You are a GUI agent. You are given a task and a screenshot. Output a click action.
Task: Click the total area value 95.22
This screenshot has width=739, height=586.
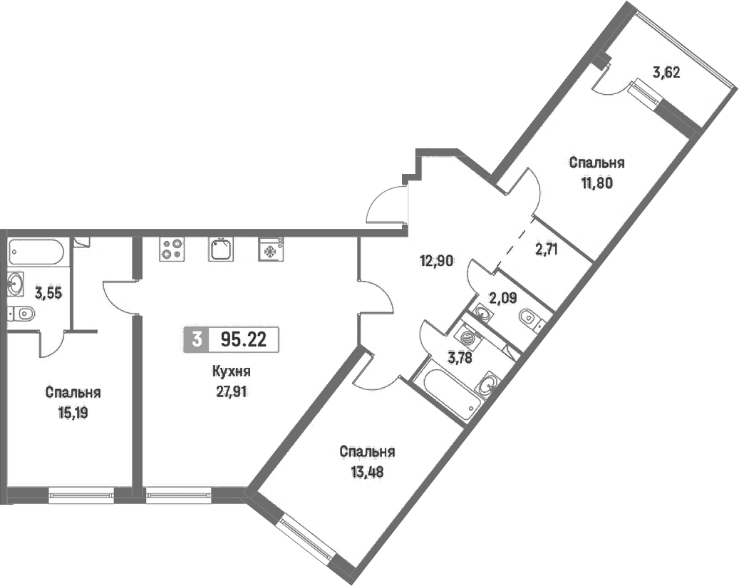(x=244, y=339)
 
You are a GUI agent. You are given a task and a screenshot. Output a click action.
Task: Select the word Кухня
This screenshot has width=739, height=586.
(x=231, y=371)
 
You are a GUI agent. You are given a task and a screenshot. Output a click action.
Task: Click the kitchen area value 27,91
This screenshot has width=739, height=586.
(x=232, y=392)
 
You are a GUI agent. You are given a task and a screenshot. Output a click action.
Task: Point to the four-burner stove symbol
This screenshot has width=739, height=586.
(x=172, y=249)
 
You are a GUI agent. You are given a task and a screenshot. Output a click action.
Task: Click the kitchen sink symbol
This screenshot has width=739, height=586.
(x=221, y=249)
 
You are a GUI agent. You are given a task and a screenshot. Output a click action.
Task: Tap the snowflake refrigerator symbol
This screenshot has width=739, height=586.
(x=271, y=249)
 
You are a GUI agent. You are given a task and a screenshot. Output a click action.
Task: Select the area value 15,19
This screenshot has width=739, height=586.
(x=73, y=413)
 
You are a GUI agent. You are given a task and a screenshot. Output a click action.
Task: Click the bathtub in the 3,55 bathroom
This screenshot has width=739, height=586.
(x=36, y=252)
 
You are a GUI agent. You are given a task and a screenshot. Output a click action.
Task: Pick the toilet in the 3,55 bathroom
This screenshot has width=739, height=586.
(x=21, y=313)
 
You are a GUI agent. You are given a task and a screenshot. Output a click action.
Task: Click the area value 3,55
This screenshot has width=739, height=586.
(x=48, y=293)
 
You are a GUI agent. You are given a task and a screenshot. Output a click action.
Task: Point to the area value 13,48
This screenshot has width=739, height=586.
(x=367, y=471)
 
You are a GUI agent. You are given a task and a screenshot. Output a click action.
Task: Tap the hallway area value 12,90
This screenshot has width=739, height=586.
(x=438, y=261)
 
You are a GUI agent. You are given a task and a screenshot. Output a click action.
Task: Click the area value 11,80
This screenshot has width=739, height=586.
(x=596, y=183)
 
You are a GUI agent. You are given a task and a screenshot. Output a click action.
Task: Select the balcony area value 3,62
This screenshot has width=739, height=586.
(x=666, y=73)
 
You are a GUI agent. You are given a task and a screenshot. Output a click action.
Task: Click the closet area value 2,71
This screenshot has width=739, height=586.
(x=546, y=249)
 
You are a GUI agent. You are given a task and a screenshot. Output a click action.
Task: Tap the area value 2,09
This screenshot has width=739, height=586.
(x=503, y=298)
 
